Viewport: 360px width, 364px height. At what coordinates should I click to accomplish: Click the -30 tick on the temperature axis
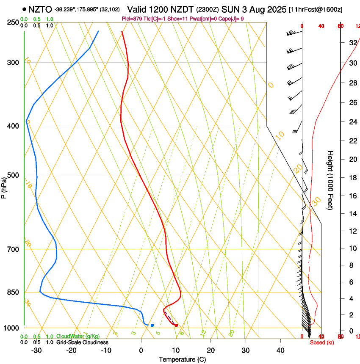point(36,350)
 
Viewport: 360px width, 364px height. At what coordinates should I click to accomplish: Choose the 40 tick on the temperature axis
point(280,350)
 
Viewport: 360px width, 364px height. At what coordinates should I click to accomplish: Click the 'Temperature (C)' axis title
point(182,359)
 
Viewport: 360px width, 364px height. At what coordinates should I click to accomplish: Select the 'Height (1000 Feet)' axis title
point(330,180)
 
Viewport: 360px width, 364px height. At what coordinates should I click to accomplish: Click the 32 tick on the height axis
point(352,43)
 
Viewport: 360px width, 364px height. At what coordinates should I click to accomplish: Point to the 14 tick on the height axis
point(352,214)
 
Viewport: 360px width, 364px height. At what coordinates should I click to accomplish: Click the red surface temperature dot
point(176,325)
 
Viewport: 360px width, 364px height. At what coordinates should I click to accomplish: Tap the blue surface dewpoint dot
point(152,325)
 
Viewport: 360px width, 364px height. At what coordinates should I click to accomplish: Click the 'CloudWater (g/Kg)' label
point(78,336)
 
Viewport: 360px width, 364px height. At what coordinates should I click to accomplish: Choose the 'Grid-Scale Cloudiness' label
point(82,342)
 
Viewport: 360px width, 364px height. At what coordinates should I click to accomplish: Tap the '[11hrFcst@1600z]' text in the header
point(316,9)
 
